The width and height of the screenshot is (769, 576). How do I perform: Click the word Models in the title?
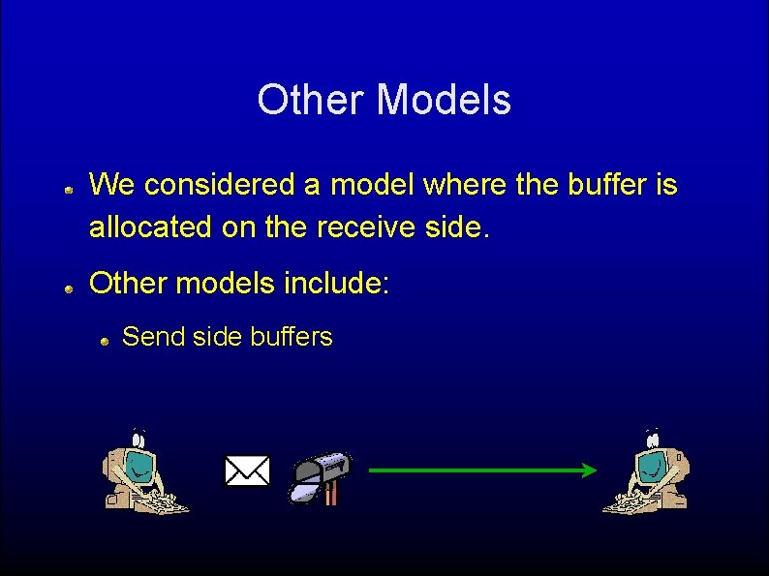pos(443,100)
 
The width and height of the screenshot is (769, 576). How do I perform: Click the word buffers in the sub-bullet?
pos(292,337)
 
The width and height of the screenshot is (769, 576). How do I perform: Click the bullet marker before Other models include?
pos(70,288)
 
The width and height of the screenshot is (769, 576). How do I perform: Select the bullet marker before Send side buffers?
pos(105,341)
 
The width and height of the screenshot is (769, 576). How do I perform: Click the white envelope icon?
pos(247,471)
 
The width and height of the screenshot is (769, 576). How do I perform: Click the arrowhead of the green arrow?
pos(588,470)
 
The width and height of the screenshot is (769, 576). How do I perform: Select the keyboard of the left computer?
pos(160,503)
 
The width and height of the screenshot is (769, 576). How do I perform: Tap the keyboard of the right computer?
pos(629,502)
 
